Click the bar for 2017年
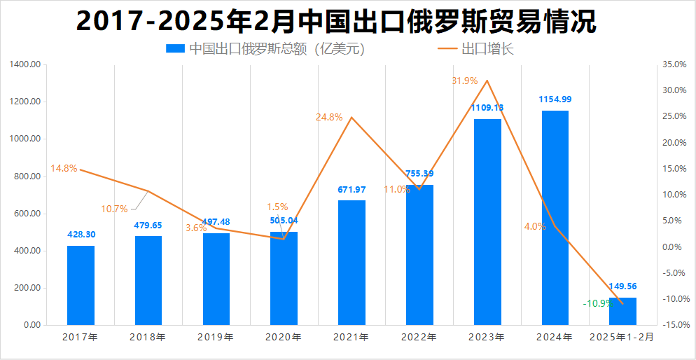pyautogui.click(x=81, y=285)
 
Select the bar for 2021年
pyautogui.click(x=352, y=263)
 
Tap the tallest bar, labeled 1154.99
pyautogui.click(x=555, y=218)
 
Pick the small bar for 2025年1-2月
pyautogui.click(x=622, y=312)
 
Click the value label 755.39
pyautogui.click(x=419, y=174)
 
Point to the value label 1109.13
pyautogui.click(x=487, y=108)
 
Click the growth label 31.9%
pyautogui.click(x=465, y=81)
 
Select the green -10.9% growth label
pyautogui.click(x=597, y=304)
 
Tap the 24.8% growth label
pyautogui.click(x=329, y=118)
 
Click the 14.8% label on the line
pyautogui.click(x=64, y=169)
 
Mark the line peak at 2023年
pyautogui.click(x=487, y=81)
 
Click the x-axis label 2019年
pyautogui.click(x=216, y=337)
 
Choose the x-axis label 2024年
pyautogui.click(x=555, y=337)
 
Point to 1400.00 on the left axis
pyautogui.click(x=25, y=64)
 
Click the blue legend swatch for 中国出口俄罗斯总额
pyautogui.click(x=175, y=49)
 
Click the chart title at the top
pyautogui.click(x=336, y=22)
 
